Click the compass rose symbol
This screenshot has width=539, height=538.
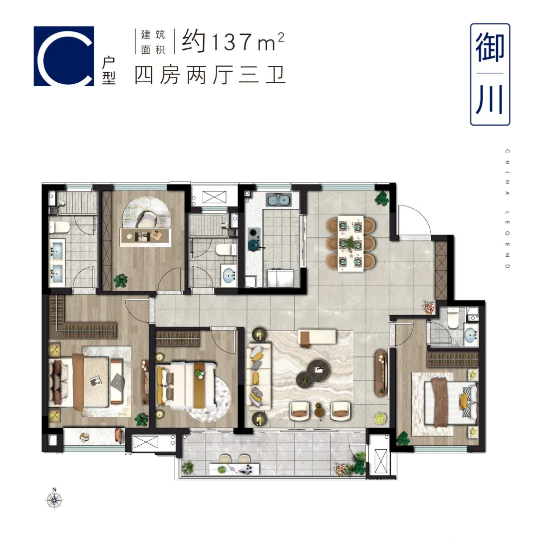point(54,500)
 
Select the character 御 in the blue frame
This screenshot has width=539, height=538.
point(490,48)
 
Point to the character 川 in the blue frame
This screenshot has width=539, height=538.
point(490,100)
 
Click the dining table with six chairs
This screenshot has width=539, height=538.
point(351,243)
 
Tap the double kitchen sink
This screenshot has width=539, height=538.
point(278,199)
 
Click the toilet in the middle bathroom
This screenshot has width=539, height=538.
point(226,250)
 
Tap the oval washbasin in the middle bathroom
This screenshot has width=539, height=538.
point(229,276)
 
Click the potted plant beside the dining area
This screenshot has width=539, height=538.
point(382,198)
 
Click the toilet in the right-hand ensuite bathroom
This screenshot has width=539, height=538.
point(453,318)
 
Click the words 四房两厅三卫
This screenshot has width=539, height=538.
point(210,75)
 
